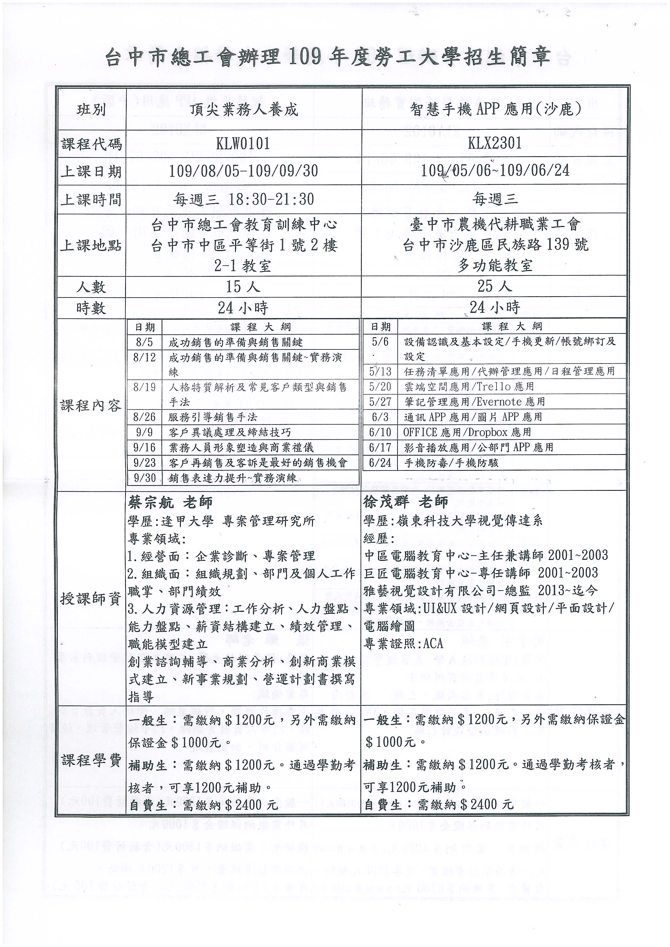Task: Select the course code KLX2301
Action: pyautogui.click(x=495, y=143)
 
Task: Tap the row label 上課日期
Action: pyautogui.click(x=91, y=171)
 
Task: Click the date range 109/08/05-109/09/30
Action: pyautogui.click(x=243, y=171)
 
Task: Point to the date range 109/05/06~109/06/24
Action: pyautogui.click(x=495, y=171)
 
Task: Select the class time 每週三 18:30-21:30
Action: pyautogui.click(x=243, y=199)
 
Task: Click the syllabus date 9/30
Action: pyautogui.click(x=145, y=478)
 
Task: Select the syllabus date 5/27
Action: pyautogui.click(x=380, y=402)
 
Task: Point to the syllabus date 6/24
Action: pyautogui.click(x=380, y=463)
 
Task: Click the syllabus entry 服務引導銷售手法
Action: pyautogui.click(x=213, y=417)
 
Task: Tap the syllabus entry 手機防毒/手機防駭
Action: pyautogui.click(x=451, y=463)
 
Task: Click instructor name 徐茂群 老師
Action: pyautogui.click(x=406, y=502)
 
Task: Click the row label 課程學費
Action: pyautogui.click(x=91, y=760)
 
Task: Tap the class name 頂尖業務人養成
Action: pyautogui.click(x=243, y=110)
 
